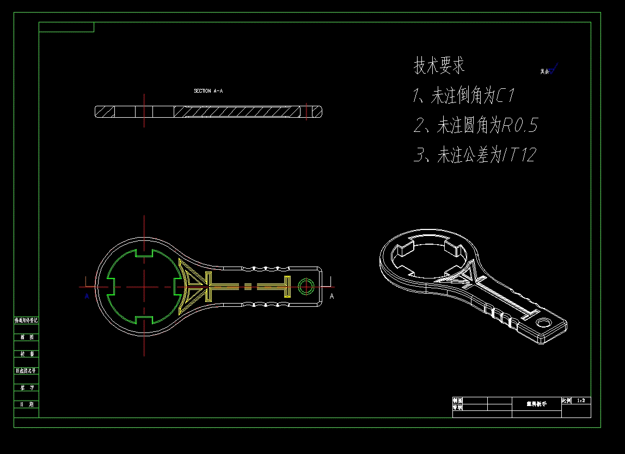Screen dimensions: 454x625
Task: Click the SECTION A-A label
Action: point(208,91)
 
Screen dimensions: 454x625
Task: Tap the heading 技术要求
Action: point(439,66)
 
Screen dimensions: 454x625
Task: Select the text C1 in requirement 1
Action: point(506,96)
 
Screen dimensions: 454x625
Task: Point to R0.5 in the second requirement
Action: point(519,126)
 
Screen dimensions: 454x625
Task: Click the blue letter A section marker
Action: point(87,296)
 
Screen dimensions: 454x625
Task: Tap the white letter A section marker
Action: point(332,296)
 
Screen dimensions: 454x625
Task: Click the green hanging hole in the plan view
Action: point(306,286)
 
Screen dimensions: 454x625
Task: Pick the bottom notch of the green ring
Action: point(144,319)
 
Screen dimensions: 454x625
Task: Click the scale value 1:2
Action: point(581,401)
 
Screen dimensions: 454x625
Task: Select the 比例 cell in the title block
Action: point(566,401)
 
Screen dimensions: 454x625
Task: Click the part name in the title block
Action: point(536,404)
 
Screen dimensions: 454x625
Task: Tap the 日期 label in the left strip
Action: point(27,404)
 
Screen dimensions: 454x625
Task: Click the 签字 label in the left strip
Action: point(27,388)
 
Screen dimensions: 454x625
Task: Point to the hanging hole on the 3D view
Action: point(543,323)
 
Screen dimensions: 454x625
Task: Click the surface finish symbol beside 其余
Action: point(554,69)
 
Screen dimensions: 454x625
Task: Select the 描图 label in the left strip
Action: point(27,337)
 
